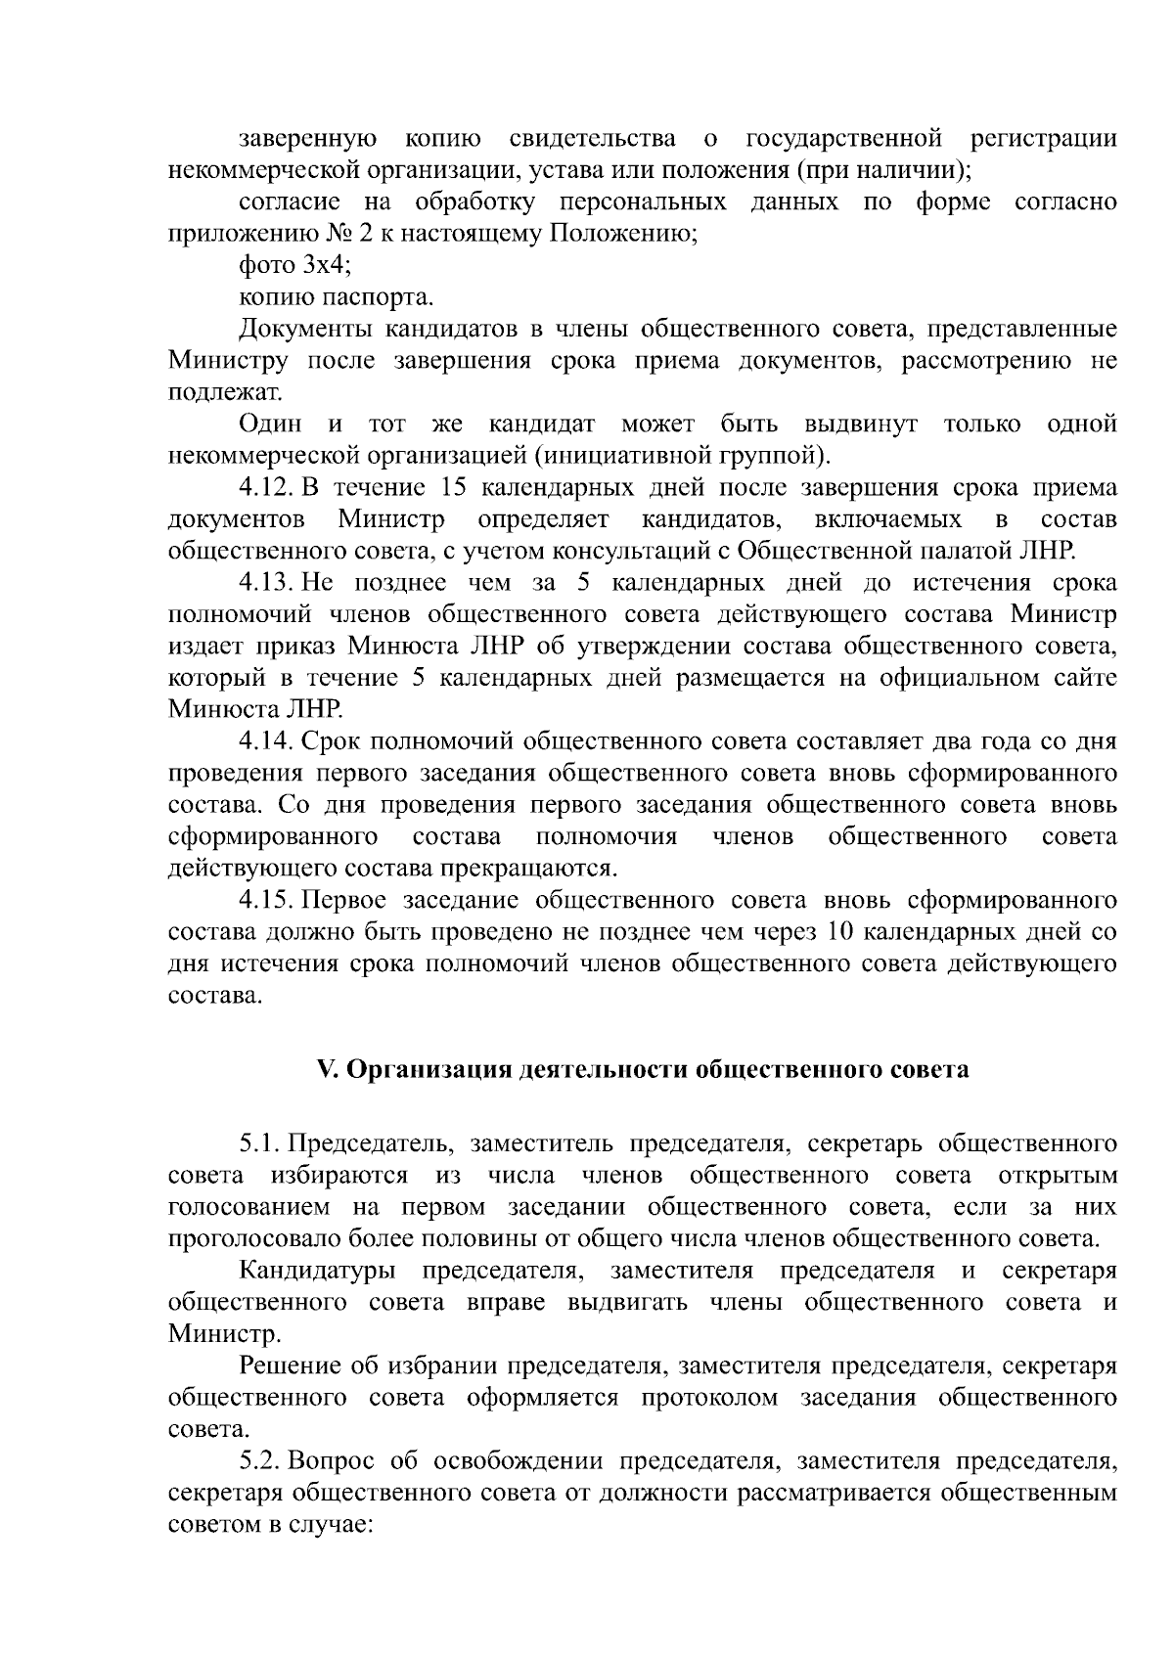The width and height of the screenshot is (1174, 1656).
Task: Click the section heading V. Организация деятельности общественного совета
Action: (643, 1069)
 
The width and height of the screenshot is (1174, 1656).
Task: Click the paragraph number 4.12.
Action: (266, 488)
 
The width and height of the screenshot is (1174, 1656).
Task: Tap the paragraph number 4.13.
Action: (266, 584)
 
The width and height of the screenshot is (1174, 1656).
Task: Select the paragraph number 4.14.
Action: (266, 742)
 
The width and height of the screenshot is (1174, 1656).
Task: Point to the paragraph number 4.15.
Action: (266, 901)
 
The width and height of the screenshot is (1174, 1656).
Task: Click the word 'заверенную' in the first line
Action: (308, 139)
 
